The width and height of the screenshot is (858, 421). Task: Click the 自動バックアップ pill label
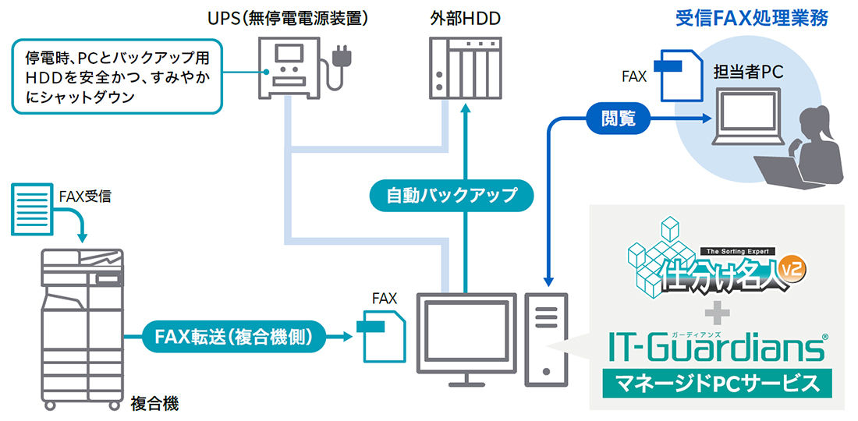pyautogui.click(x=452, y=195)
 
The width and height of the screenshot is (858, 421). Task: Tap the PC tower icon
pyautogui.click(x=547, y=338)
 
